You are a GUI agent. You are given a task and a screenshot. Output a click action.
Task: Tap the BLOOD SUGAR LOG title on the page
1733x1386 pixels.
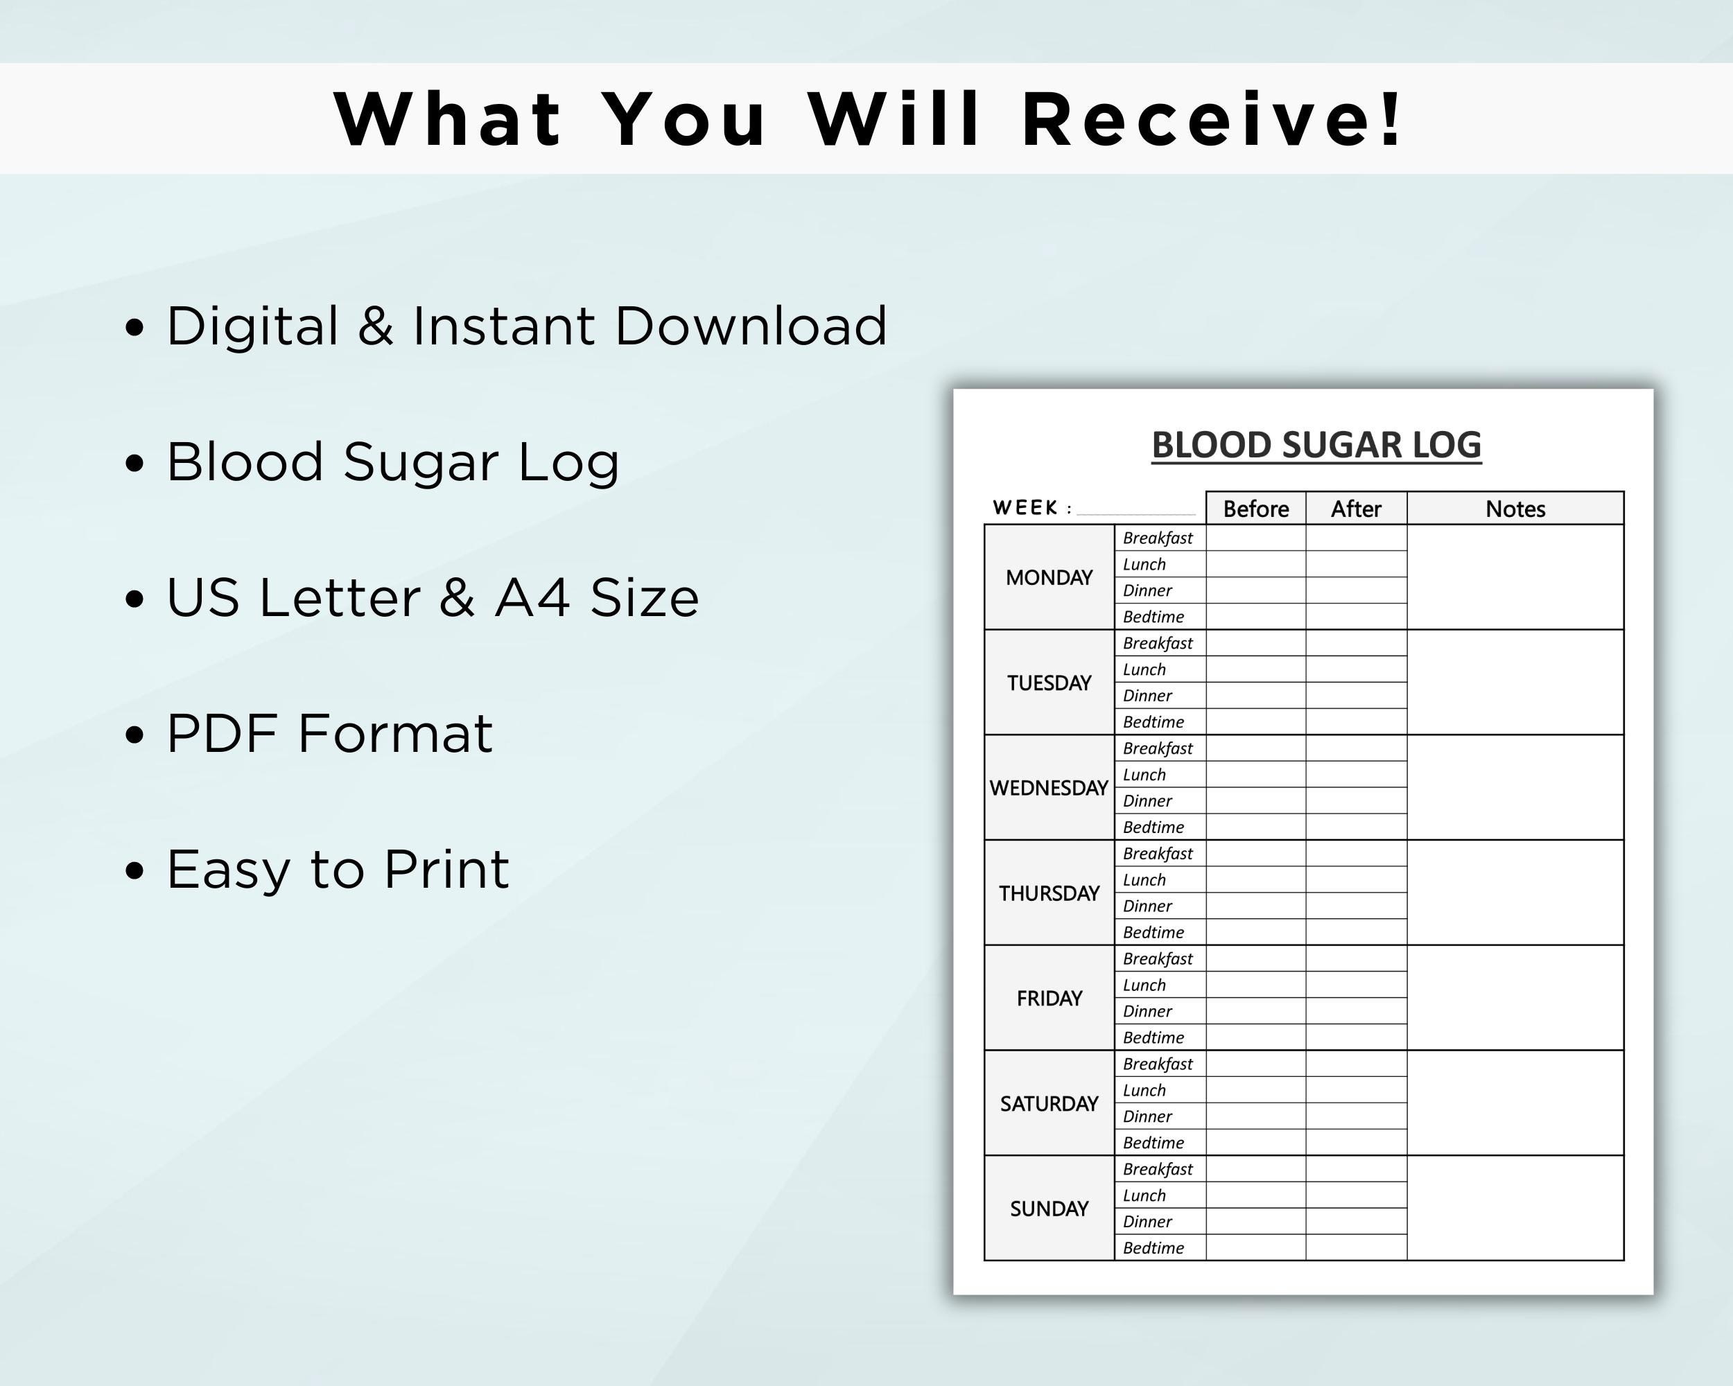pyautogui.click(x=1316, y=445)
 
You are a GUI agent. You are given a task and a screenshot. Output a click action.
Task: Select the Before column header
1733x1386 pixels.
pyautogui.click(x=1255, y=509)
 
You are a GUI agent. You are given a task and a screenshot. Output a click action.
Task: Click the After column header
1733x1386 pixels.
pyautogui.click(x=1356, y=509)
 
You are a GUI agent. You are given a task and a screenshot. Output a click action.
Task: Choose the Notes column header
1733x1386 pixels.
pyautogui.click(x=1515, y=509)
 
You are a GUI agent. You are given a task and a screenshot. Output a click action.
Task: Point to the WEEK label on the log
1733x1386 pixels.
pyautogui.click(x=1026, y=508)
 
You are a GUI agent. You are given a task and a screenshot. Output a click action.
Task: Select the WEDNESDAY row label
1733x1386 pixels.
pyautogui.click(x=1049, y=787)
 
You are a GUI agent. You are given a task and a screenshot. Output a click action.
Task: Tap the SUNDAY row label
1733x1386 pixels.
pyautogui.click(x=1049, y=1209)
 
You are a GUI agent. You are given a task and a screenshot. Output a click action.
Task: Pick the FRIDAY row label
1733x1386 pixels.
pyautogui.click(x=1049, y=998)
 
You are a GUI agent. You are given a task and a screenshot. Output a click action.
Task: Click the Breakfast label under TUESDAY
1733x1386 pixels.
pyautogui.click(x=1158, y=643)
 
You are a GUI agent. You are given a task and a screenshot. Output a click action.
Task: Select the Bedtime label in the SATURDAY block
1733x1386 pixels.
pyautogui.click(x=1153, y=1143)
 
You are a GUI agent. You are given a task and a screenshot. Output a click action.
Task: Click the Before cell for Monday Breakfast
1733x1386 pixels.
pyautogui.click(x=1255, y=538)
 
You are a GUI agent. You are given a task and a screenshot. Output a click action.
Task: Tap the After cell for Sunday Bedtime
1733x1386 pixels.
pyautogui.click(x=1356, y=1248)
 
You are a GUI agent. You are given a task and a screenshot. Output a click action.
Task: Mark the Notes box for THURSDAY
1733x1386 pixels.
pyautogui.click(x=1515, y=893)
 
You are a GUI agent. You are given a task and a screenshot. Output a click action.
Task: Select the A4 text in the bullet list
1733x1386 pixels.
pyautogui.click(x=532, y=598)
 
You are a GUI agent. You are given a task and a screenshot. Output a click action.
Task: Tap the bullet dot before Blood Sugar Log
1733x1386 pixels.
pyautogui.click(x=135, y=464)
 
